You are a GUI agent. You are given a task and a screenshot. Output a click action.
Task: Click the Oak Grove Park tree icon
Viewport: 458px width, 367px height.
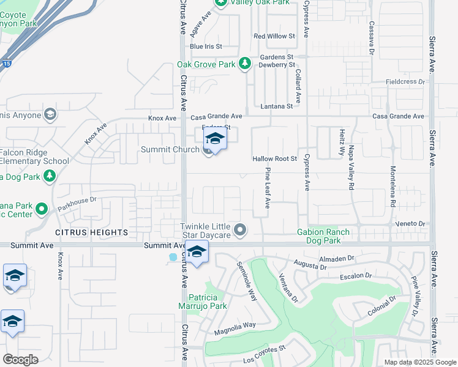click(244, 64)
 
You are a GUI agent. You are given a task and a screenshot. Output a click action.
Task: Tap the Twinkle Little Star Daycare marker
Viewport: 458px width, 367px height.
click(240, 231)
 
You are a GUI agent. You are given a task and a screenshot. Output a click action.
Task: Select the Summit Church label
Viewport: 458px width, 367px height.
click(170, 149)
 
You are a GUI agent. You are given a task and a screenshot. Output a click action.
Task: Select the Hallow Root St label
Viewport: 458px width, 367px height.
click(274, 158)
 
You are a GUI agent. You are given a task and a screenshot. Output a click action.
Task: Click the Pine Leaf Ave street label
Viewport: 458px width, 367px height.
click(268, 190)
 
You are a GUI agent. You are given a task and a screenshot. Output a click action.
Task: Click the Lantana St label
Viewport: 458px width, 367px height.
click(277, 106)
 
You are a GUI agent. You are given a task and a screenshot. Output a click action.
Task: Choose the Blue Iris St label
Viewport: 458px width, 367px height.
click(205, 46)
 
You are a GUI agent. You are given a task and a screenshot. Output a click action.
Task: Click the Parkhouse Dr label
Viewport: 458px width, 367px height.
click(77, 199)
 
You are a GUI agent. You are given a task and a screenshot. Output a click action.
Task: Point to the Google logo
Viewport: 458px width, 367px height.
click(20, 360)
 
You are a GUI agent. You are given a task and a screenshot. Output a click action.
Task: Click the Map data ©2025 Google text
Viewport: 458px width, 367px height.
click(419, 362)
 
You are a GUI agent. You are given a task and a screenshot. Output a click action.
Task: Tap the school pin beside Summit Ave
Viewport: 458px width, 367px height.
click(197, 252)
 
